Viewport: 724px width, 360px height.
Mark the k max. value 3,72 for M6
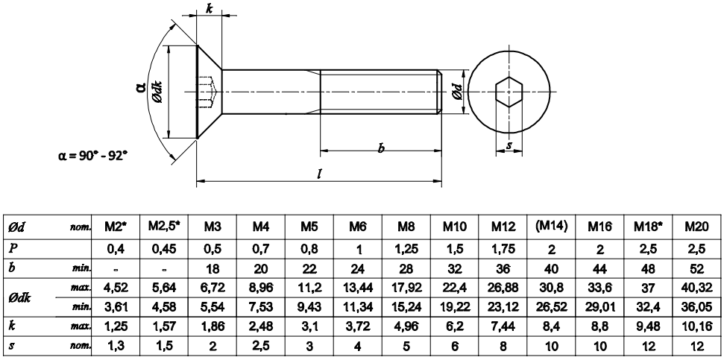tap(358, 325)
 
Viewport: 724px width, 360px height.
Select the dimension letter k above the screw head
tap(209, 9)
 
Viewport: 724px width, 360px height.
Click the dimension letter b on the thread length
tap(381, 149)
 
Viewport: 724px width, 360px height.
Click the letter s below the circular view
tap(509, 146)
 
